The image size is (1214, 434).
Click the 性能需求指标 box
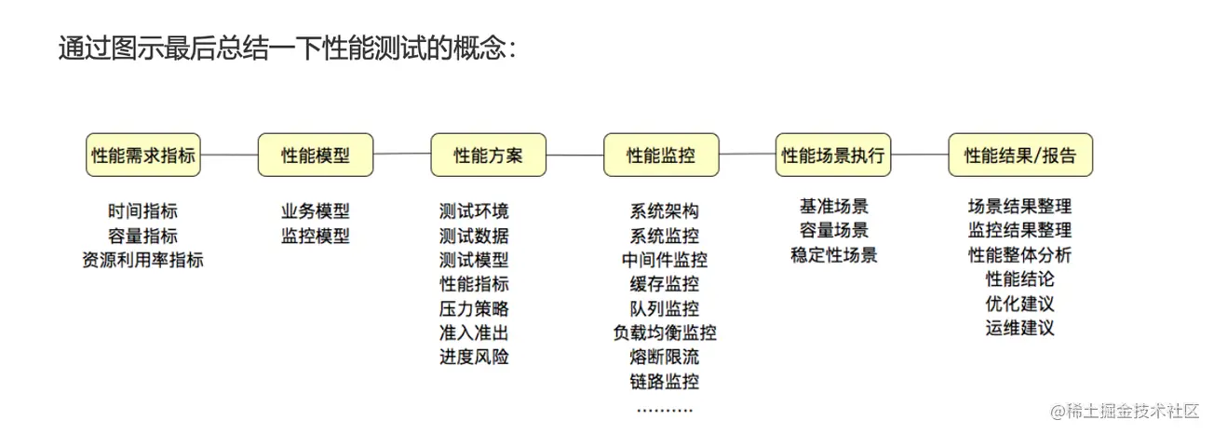[x=143, y=156]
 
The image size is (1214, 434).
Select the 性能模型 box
[x=316, y=156]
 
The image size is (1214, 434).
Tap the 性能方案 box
[x=489, y=156]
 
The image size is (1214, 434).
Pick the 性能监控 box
[x=661, y=156]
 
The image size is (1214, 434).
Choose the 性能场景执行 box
[x=833, y=156]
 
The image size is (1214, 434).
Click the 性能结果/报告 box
[x=1020, y=156]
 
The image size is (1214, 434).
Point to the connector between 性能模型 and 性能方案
[x=402, y=154]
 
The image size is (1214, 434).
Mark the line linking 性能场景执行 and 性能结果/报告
[x=920, y=155]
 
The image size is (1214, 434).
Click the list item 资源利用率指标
[x=143, y=260]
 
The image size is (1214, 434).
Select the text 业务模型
[x=316, y=211]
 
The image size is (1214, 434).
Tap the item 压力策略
[x=474, y=308]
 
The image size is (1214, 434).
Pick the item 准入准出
[x=474, y=332]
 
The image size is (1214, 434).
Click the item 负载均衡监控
[x=665, y=332]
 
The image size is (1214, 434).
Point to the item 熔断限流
[x=665, y=357]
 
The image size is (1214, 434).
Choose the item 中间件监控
[x=665, y=260]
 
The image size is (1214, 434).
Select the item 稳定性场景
[x=834, y=255]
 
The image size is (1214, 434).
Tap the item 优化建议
[x=1020, y=304]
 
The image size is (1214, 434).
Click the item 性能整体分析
[x=1020, y=255]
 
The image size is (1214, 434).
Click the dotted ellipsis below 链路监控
[x=665, y=411]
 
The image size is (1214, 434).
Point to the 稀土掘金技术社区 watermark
[x=1125, y=412]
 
